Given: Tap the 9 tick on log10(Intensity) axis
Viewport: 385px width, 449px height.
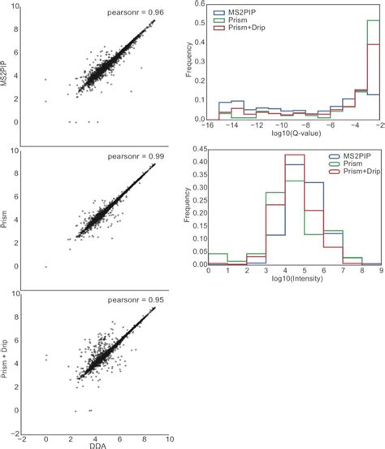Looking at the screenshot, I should click(383, 272).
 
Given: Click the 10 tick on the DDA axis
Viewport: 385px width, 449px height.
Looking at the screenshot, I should click(169, 436).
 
